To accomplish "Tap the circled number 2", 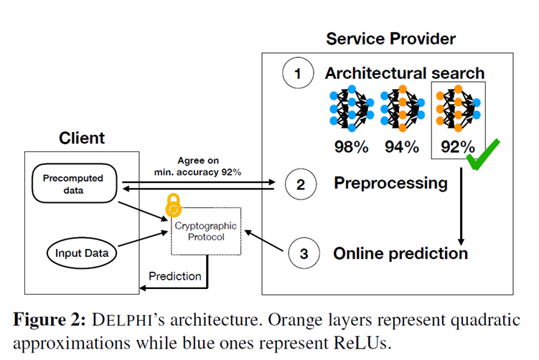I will [x=300, y=184].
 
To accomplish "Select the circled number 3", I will [x=303, y=253].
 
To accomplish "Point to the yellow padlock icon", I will [x=173, y=204].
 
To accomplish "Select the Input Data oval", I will [x=80, y=252].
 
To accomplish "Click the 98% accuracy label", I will [x=351, y=148].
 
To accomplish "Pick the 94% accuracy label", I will [x=401, y=148].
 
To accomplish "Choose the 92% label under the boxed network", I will [x=456, y=148].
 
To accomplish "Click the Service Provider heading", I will [x=390, y=38].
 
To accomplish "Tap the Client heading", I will [x=81, y=138].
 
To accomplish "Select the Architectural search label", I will [x=404, y=73].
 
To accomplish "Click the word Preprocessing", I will [x=390, y=184].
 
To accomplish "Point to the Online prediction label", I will [x=400, y=253].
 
